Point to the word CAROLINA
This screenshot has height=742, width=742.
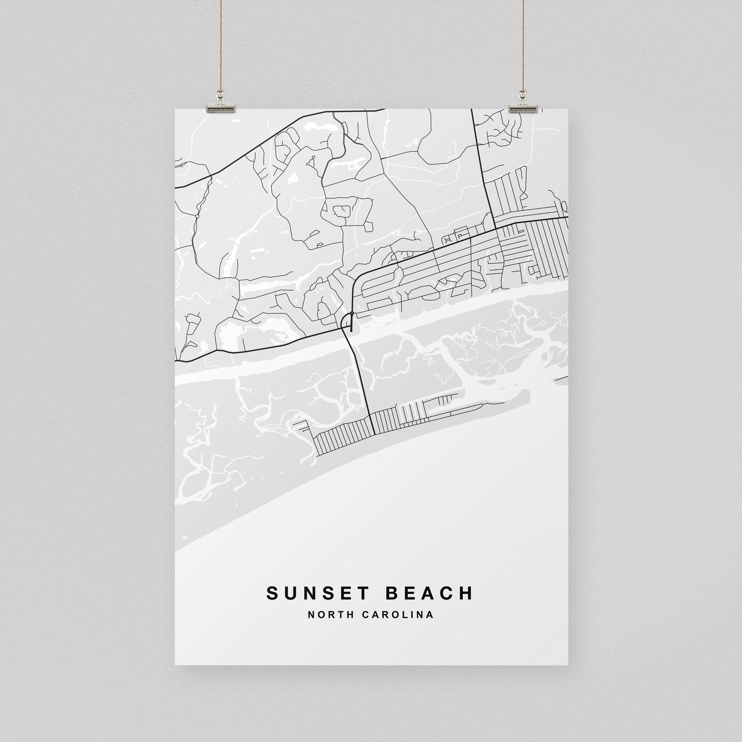click(x=398, y=615)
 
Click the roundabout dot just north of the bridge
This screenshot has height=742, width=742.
click(x=352, y=313)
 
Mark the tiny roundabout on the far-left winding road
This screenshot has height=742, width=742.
click(x=197, y=217)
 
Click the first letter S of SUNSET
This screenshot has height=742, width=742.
click(x=272, y=593)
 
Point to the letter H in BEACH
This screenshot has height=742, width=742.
click(x=467, y=593)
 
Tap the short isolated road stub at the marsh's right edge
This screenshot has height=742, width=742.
click(x=561, y=380)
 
